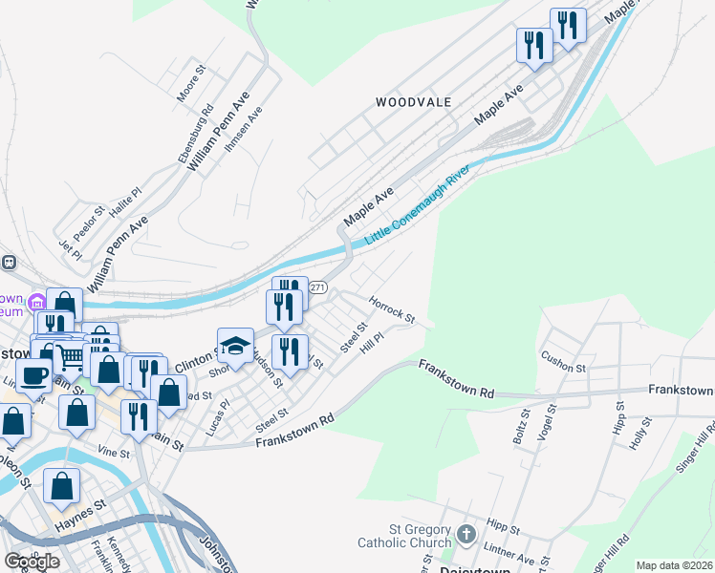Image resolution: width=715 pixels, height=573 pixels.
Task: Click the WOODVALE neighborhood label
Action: pos(413,101)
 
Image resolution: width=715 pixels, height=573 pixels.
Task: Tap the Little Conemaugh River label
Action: pos(417,204)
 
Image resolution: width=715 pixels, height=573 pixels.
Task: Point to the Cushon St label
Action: pos(562,361)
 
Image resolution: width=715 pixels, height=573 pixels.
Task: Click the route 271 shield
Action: pos(319,287)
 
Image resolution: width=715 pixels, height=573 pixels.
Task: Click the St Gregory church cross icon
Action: pos(466,535)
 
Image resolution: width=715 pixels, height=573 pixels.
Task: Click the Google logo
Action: pos(32,562)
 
